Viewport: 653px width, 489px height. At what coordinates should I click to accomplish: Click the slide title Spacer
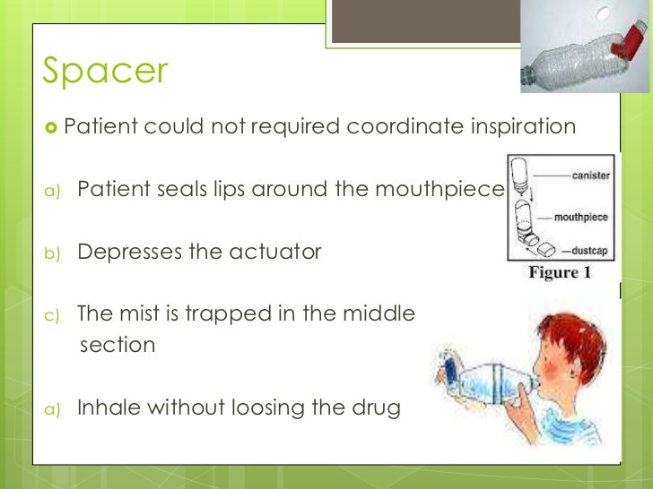tap(105, 71)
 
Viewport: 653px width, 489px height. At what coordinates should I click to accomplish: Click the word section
tap(118, 345)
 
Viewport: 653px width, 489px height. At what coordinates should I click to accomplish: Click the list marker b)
tap(52, 253)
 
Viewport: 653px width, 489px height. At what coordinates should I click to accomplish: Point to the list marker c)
tap(52, 315)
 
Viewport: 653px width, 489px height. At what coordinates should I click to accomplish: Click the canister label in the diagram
tap(591, 176)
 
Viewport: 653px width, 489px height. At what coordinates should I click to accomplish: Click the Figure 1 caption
tap(560, 273)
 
